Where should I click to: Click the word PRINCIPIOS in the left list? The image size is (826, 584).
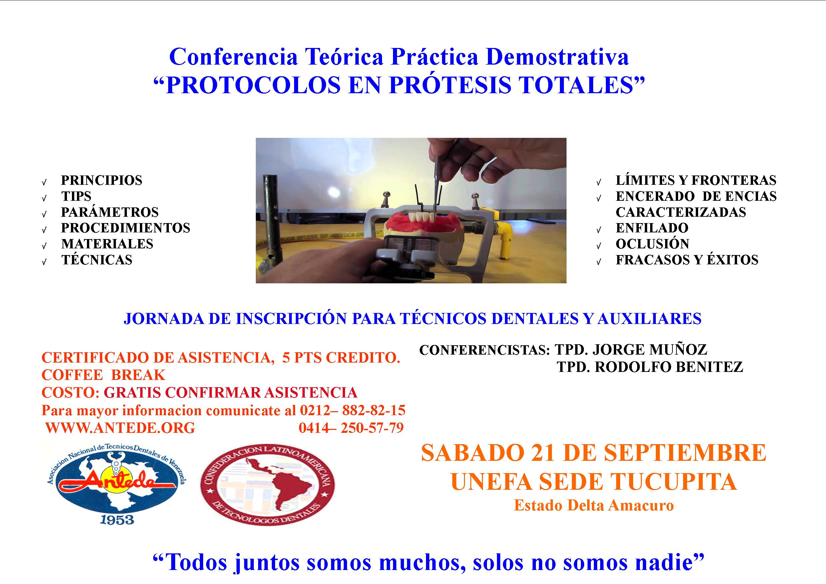coord(102,180)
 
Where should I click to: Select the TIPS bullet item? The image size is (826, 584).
coord(76,196)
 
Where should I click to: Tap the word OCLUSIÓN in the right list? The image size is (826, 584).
coord(652,244)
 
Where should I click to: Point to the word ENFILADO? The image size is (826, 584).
coord(652,228)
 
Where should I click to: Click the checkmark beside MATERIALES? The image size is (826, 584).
coord(44,246)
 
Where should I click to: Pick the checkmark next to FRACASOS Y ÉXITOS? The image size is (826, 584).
coord(599,262)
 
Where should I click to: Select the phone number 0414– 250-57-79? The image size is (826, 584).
coord(351,428)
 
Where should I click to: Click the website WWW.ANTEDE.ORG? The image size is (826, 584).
coord(120,428)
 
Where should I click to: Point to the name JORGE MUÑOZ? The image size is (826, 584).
coord(649,350)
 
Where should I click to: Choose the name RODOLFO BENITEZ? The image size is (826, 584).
coord(669,367)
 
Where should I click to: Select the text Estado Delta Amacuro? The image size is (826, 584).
coord(594,505)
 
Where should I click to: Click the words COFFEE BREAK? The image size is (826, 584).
coord(103,375)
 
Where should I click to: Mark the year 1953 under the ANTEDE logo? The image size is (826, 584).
coord(117,520)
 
